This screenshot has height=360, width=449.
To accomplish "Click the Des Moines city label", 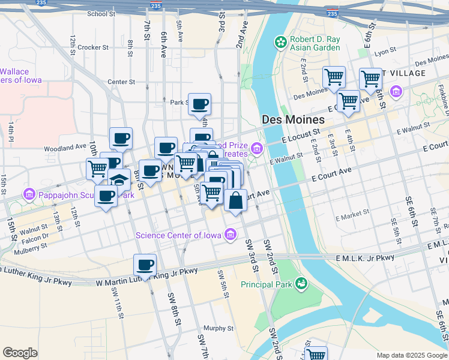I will coord(294,119).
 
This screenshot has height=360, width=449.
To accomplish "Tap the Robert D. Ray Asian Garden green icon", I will coord(280,42).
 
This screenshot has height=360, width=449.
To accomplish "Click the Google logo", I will coord(20,352).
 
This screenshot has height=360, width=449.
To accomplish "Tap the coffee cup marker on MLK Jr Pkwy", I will coord(145,265).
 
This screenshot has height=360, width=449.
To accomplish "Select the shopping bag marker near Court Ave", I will coord(236,200).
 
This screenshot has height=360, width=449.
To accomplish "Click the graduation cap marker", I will coord(119,179).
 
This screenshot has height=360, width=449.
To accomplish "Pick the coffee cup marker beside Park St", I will coord(199,104).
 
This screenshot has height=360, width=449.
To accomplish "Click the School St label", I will coord(101,13).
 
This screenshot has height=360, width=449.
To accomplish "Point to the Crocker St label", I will coord(93,47).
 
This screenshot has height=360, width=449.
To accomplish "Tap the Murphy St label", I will coord(218,328).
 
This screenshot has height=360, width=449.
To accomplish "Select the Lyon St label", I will coord(382,53).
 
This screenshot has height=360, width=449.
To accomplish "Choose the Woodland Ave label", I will coord(65,147).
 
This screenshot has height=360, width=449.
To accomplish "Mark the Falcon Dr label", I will coord(31,237).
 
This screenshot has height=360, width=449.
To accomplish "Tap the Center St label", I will coord(121,82).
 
